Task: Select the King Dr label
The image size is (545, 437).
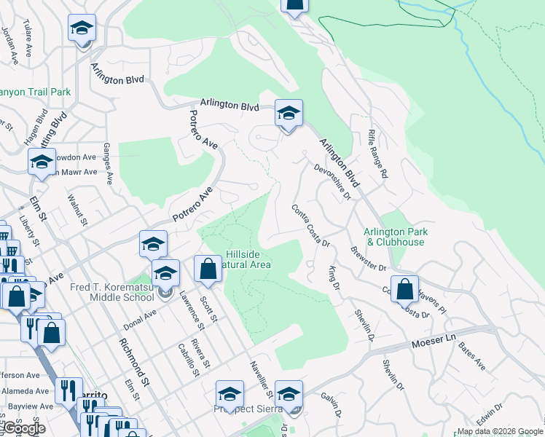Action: pos(334,277)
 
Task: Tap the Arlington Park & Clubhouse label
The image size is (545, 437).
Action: pos(394,237)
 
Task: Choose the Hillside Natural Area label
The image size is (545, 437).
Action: pos(248,259)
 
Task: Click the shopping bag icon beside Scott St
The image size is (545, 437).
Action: pos(208,268)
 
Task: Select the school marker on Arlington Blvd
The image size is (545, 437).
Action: pos(289,114)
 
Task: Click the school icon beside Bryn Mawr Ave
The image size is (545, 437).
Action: pos(42,161)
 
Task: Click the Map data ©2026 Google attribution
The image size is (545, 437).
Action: pos(499,431)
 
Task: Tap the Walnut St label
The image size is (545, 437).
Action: pos(77,210)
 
